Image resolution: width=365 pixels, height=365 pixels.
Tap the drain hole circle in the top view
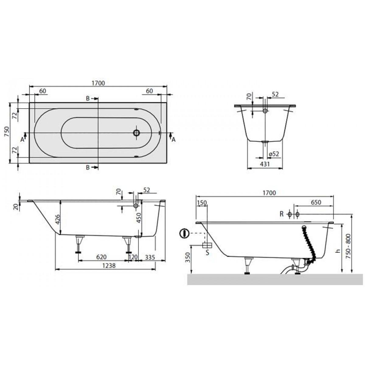point(136,133)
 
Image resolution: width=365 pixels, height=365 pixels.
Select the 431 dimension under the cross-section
point(265,164)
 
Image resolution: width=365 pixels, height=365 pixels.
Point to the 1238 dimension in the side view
point(109,266)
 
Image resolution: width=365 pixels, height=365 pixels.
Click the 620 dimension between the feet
point(102,257)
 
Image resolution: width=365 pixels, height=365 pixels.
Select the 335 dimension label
point(150,257)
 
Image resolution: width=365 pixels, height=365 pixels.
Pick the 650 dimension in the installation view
point(316,202)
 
